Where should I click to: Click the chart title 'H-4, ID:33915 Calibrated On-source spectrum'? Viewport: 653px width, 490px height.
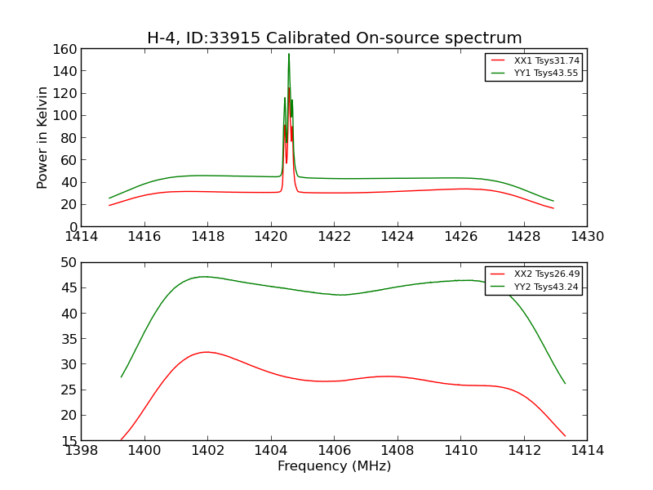(334, 38)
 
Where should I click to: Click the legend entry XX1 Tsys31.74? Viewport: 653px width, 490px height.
(546, 60)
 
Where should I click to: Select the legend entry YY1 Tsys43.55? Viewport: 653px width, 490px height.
(546, 73)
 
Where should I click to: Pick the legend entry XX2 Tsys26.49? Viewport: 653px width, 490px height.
(546, 274)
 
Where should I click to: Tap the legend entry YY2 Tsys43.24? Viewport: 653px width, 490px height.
(546, 287)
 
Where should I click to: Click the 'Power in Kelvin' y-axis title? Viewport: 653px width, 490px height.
(42, 137)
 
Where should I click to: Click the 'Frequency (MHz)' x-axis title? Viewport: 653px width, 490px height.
(334, 466)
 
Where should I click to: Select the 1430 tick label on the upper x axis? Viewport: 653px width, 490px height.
(587, 237)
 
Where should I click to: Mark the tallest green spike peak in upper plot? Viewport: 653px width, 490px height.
(288, 54)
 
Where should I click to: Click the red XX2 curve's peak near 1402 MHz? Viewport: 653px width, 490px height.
(207, 352)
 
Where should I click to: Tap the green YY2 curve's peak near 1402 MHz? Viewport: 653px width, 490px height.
(204, 277)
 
